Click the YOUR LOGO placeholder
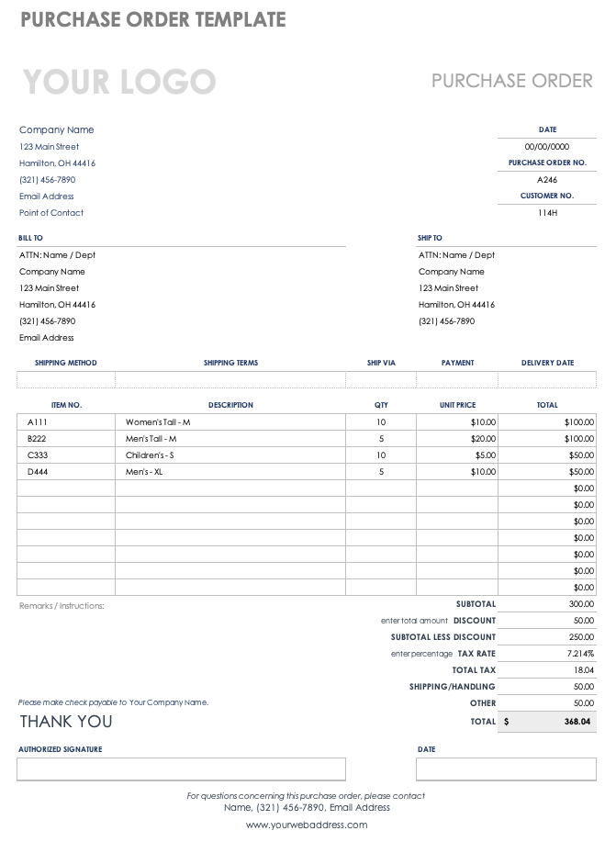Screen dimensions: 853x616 [118, 82]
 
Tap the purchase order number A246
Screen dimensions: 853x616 [547, 180]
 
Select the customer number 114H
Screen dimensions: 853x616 [547, 213]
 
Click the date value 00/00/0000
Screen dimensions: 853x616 [547, 147]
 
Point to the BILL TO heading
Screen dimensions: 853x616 [30, 238]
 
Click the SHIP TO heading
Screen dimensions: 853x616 [430, 238]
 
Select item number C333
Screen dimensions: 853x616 [38, 455]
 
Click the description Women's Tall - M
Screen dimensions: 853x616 [158, 422]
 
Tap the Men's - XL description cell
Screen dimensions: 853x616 [144, 472]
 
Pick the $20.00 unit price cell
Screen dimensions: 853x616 [483, 439]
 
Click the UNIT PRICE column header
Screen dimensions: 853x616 [457, 405]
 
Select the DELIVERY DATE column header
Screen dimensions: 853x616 [547, 363]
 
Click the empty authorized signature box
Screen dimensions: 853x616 [181, 769]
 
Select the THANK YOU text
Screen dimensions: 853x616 [66, 722]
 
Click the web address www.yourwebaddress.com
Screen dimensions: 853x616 [307, 825]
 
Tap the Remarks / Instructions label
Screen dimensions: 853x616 [62, 606]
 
